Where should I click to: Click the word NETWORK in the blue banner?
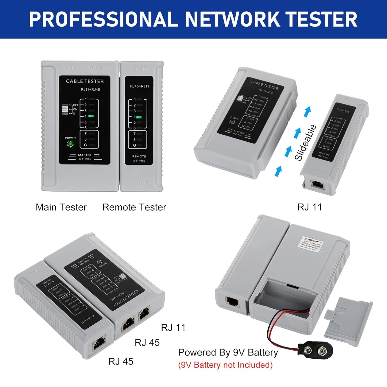pos(232,19)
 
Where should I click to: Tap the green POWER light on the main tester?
pos(70,144)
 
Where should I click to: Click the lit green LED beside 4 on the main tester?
pos(91,116)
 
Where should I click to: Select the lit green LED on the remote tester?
pos(139,117)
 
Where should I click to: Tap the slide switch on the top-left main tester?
pos(65,109)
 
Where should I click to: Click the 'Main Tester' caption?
pos(61,207)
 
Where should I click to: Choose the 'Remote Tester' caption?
pos(134,207)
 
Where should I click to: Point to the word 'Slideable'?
pos(305,143)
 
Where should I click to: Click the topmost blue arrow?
pos(307,111)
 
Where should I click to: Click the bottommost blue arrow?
pos(278,171)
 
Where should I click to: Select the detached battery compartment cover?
pos(348,321)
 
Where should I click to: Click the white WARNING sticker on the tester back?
pos(311,244)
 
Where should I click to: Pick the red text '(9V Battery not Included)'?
pos(225,365)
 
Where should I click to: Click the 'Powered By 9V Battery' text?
pos(228,352)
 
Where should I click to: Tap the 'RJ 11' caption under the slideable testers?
pos(310,207)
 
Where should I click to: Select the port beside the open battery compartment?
pos(232,301)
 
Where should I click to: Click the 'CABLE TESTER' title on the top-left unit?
pos(85,81)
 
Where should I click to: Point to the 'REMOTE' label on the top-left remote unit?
pos(139,156)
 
